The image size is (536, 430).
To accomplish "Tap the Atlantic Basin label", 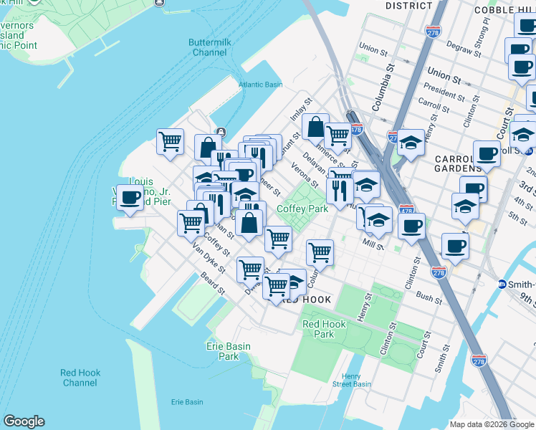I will coord(261,84).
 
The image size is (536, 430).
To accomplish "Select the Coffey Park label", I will coord(302,209).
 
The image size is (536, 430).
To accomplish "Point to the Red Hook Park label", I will coord(324,329).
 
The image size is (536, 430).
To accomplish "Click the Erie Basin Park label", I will coord(229,351).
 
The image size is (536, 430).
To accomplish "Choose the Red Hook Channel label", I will coord(80,378).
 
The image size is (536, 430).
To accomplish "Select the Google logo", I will coord(24,421).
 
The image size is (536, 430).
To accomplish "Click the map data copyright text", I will coord(492,424).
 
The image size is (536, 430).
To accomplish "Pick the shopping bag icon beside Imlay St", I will coord(315,126).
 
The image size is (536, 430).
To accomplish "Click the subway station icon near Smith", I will coord(502,284).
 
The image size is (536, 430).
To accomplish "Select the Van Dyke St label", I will coord(208,260).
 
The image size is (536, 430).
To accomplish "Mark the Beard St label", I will coord(213,285).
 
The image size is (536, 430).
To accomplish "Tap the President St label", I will coord(444,94).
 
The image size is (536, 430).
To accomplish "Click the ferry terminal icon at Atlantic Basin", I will coord(221,132).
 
